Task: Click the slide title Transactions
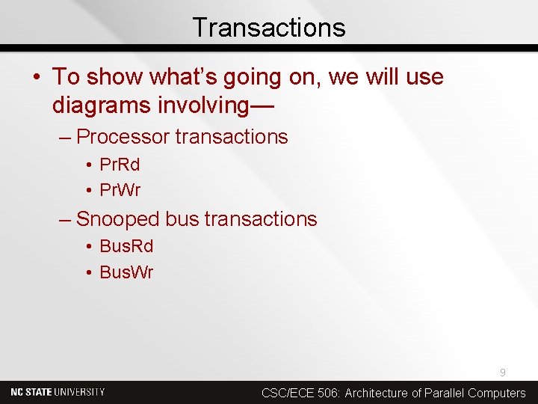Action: coord(269,28)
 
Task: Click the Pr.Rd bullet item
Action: coord(120,164)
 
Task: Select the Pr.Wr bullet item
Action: coord(120,190)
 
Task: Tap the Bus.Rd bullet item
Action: coord(126,246)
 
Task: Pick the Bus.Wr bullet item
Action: coord(126,272)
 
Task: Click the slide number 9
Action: coord(503,373)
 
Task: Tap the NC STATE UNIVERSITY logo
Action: coord(58,392)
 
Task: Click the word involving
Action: coord(201,105)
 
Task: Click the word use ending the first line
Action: coord(425,77)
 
